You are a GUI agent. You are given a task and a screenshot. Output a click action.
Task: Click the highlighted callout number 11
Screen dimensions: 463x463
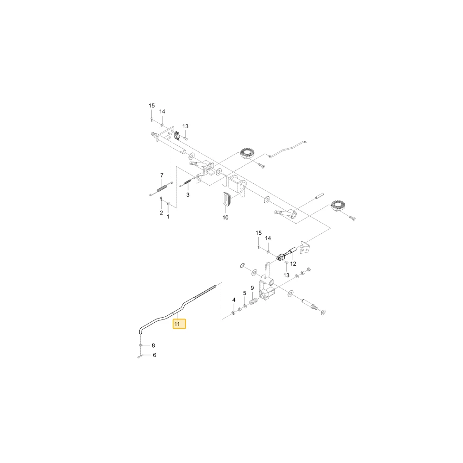(177, 324)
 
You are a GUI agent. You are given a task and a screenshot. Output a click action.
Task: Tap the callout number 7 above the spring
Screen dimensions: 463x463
(162, 175)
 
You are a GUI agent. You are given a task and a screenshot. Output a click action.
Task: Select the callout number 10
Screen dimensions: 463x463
(225, 218)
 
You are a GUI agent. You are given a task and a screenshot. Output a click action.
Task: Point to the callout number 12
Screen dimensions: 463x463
(293, 264)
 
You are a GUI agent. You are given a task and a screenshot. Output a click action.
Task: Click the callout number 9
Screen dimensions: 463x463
(252, 288)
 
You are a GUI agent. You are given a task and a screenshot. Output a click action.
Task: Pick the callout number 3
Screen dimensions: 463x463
(188, 195)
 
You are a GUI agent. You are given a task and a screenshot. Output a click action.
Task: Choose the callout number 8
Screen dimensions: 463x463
(153, 345)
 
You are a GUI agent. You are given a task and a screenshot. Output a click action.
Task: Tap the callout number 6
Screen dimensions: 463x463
(155, 355)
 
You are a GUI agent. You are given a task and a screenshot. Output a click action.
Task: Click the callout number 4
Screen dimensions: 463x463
(234, 300)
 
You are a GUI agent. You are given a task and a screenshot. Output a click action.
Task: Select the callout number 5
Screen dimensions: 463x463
(244, 293)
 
